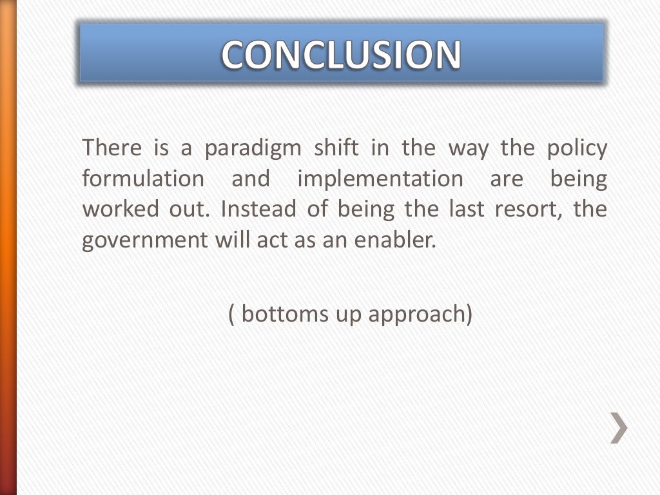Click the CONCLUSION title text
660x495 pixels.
coord(342,54)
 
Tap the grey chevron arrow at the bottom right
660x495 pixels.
coord(619,428)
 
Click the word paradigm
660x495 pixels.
coord(253,149)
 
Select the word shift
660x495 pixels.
coord(335,149)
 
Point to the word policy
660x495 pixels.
coord(577,149)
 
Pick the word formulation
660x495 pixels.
coord(142,179)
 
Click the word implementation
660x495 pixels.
coord(380,179)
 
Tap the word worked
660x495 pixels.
coord(121,209)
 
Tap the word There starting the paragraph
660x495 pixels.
coord(112,149)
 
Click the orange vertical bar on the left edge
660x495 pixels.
coord(8,247)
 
